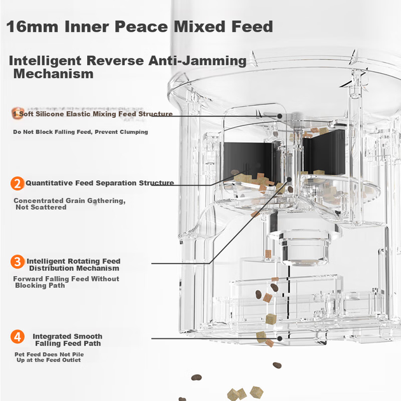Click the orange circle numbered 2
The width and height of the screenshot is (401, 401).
(17, 183)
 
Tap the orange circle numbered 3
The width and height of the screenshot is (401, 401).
(17, 262)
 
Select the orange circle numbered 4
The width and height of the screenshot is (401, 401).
(17, 337)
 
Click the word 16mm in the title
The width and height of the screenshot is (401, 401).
(32, 27)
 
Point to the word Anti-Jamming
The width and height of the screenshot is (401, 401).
(197, 61)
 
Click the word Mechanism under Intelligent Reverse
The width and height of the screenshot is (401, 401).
(53, 74)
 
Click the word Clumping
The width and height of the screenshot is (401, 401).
(134, 132)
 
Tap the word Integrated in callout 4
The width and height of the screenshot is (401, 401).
(50, 336)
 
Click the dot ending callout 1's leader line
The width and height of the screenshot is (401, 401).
(280, 116)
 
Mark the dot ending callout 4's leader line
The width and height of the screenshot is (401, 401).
(280, 339)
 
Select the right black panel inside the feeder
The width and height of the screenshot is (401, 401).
(324, 152)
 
